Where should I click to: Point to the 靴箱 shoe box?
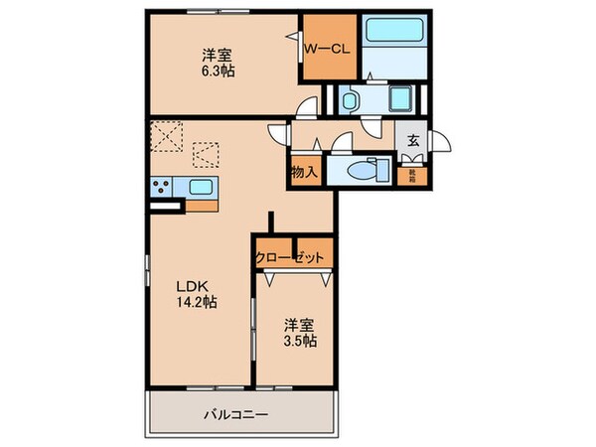[411, 177]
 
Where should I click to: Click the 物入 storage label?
[304, 172]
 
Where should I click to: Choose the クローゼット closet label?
[290, 257]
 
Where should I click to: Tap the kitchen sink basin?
[201, 187]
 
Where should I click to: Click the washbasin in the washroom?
[351, 99]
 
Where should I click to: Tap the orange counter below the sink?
[202, 207]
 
